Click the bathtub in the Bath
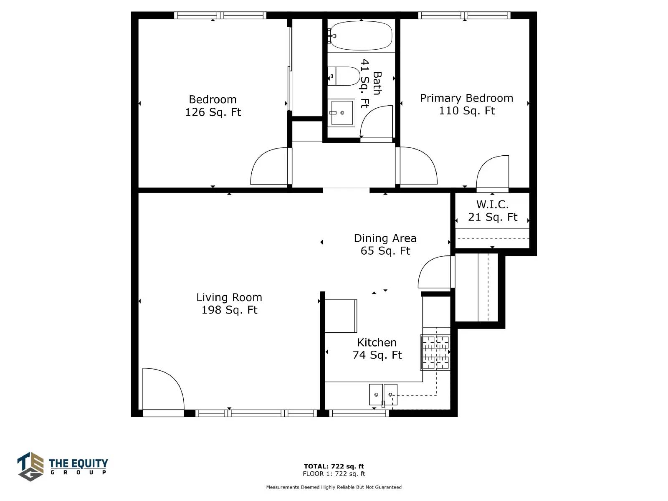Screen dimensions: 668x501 tap(361, 35)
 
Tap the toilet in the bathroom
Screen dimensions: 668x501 tap(344, 76)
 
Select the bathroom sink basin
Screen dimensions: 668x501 tap(343, 113)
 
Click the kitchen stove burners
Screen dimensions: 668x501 tap(435, 352)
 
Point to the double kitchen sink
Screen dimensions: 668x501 tap(383, 395)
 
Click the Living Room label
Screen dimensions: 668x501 tap(229, 297)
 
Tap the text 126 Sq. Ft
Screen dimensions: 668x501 tap(213, 112)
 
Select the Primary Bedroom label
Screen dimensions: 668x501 tap(466, 98)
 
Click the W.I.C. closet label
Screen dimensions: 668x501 tap(492, 205)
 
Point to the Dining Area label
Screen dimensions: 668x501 tap(385, 238)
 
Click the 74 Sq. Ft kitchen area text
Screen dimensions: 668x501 tap(377, 355)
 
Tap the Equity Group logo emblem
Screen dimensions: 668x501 tap(30, 466)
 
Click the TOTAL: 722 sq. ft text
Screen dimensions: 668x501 tap(334, 466)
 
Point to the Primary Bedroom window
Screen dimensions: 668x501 tap(464, 15)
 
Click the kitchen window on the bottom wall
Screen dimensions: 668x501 tap(359, 413)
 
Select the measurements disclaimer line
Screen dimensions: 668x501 tap(334, 487)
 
